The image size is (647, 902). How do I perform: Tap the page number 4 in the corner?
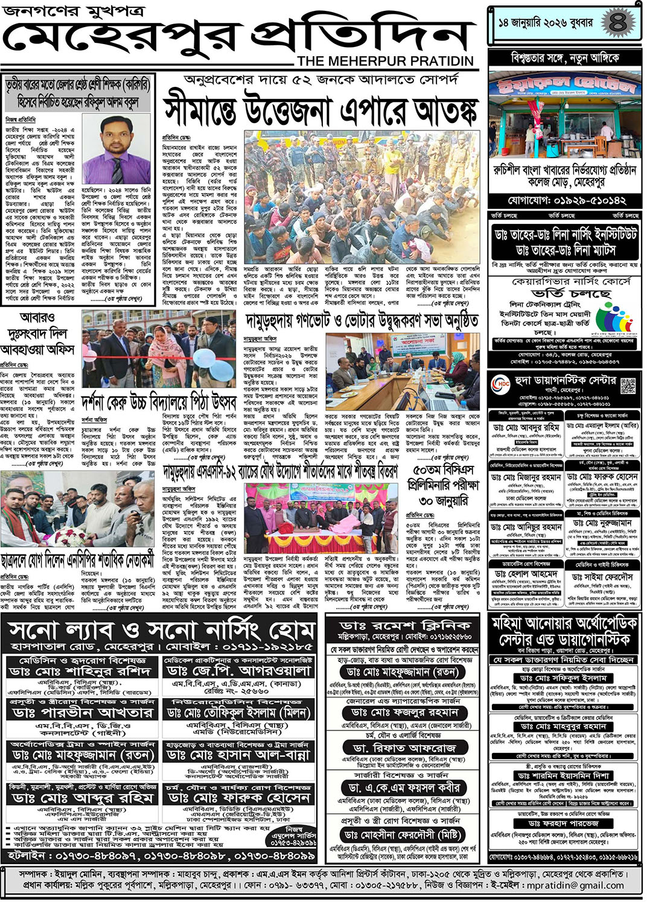point(617,23)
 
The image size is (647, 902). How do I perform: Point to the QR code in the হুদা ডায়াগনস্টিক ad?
point(628,385)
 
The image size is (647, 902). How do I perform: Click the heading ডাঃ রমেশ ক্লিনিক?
point(404,625)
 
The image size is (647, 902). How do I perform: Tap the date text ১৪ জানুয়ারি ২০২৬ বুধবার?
point(545,23)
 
